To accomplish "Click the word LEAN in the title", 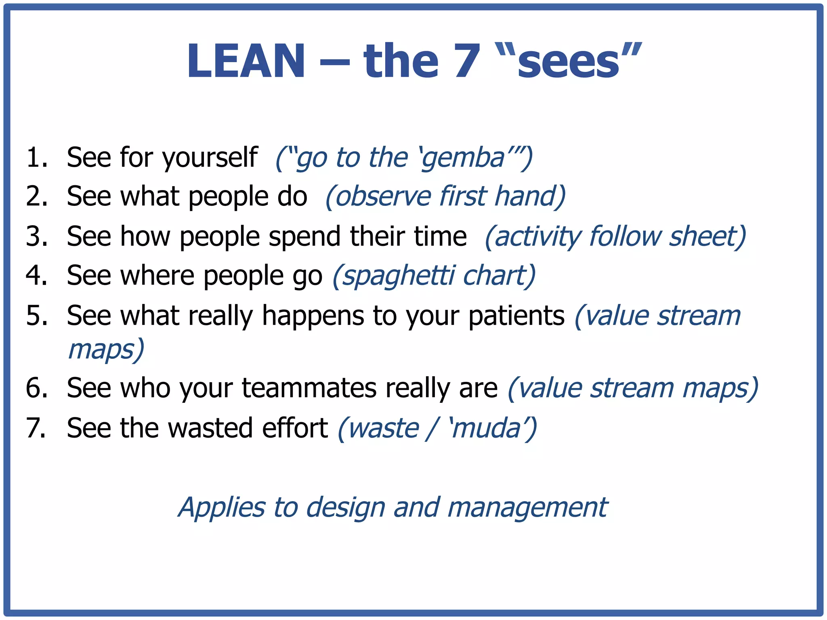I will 246,61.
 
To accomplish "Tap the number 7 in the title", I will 467,61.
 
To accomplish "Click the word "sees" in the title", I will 569,61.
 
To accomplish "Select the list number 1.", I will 36,157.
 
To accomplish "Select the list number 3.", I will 36,237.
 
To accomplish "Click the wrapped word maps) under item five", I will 106,350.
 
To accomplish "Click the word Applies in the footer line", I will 222,508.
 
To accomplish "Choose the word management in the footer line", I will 527,508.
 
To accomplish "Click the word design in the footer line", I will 346,508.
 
